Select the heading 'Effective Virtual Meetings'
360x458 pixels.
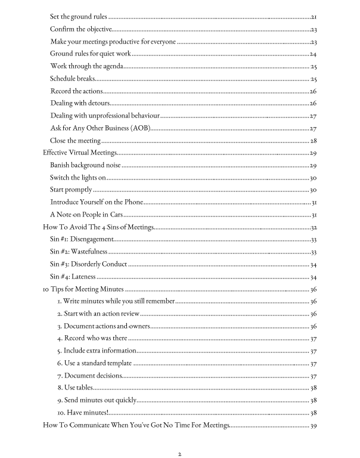(82, 153)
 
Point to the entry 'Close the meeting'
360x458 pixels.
(75, 141)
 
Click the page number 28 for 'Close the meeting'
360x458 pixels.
(312, 141)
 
